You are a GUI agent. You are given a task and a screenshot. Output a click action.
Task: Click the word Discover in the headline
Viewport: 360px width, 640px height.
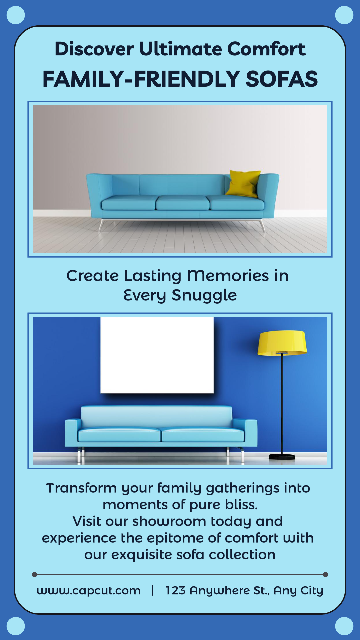[x=94, y=49]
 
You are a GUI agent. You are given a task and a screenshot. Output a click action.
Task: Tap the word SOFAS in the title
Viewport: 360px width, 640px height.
[x=282, y=79]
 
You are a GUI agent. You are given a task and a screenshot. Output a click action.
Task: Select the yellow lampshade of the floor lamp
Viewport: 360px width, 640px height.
[x=282, y=343]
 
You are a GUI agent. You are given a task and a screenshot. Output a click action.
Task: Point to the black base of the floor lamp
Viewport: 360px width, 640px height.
[x=282, y=457]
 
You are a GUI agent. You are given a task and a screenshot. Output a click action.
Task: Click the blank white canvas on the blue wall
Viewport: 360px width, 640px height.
[x=157, y=355]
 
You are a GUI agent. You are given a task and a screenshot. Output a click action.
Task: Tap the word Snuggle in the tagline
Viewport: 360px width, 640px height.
[x=204, y=295]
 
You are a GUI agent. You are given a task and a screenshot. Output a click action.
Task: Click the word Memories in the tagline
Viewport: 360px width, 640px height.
[x=228, y=276]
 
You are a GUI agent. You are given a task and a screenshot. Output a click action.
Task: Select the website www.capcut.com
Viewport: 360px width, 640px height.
[x=89, y=591]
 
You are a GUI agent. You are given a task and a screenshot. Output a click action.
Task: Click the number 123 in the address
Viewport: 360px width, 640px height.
[x=175, y=590]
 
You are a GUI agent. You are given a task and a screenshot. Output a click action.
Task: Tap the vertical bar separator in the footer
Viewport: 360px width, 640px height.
[x=153, y=590]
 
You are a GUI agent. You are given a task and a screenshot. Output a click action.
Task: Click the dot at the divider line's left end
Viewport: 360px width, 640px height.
[x=34, y=574]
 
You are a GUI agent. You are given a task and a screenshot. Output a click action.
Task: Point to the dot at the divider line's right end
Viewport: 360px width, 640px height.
[x=326, y=574]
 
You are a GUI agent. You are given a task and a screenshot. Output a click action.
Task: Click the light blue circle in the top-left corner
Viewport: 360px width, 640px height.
[x=16, y=15]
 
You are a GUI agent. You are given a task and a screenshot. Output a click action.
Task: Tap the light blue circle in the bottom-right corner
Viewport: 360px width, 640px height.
[x=344, y=626]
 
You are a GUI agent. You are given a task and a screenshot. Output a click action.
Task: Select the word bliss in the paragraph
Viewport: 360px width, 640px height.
[x=241, y=505]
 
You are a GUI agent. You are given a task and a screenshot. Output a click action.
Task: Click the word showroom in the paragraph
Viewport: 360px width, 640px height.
[x=169, y=521]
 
